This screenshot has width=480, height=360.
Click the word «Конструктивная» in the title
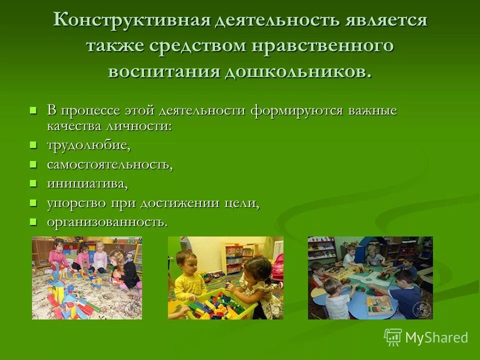coord(130,21)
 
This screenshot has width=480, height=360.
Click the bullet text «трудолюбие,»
coord(89,145)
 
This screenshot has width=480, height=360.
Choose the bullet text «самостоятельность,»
coord(110,164)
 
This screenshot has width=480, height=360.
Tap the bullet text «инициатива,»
coord(87,183)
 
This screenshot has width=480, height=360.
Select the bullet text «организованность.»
coord(107,221)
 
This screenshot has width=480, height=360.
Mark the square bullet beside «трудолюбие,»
coord(33,145)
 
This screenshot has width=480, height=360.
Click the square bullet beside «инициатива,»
coord(33,183)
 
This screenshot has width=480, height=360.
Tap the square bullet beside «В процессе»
coord(33,110)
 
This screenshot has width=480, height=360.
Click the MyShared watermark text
coord(436,337)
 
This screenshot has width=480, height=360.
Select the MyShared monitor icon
coord(393,337)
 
